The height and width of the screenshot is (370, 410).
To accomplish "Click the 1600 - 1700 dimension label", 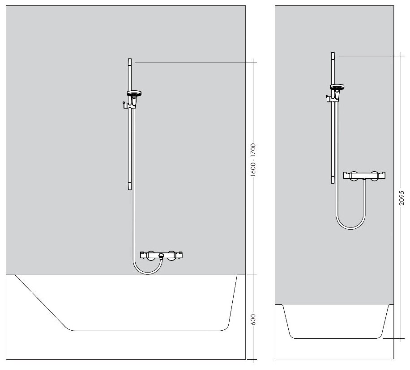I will [253, 161].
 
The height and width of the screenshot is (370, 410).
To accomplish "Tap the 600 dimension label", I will [253, 320].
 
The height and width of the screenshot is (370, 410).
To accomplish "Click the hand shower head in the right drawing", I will [336, 87].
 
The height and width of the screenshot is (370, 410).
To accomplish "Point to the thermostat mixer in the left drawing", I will [161, 255].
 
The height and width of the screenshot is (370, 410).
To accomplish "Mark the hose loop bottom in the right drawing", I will [351, 228].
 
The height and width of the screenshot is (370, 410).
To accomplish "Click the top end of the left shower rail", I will [130, 60].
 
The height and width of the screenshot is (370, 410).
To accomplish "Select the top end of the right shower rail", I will [333, 53].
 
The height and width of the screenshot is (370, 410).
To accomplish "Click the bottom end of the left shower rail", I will [130, 189].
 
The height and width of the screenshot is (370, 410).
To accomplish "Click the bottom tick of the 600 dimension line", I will [253, 359].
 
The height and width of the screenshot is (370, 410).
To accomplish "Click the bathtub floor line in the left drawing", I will [148, 331].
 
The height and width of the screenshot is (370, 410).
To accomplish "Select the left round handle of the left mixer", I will [151, 255].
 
